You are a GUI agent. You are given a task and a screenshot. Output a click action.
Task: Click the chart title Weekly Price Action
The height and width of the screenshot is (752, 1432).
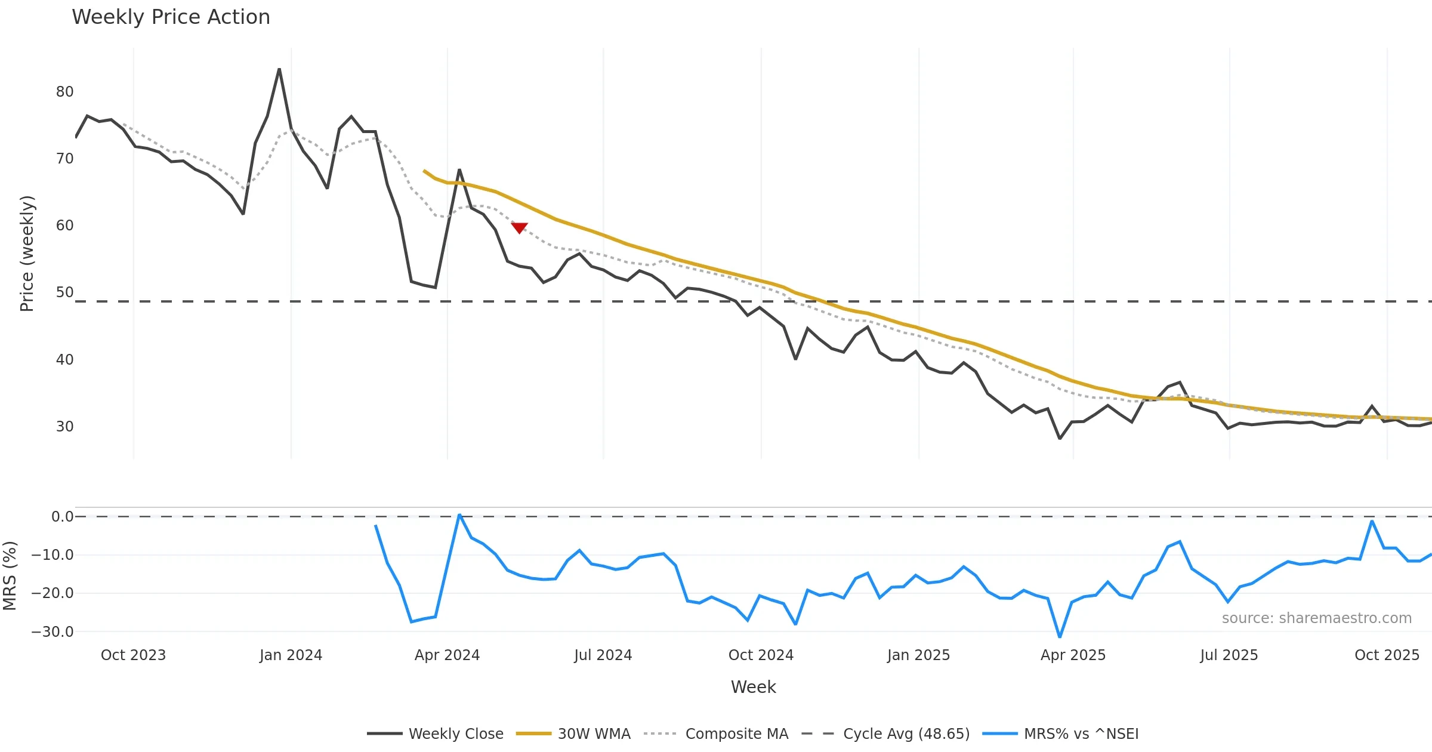(x=171, y=17)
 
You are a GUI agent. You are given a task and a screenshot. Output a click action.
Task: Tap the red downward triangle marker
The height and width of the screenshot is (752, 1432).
(x=519, y=227)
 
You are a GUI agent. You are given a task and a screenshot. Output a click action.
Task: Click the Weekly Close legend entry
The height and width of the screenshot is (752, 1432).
(x=436, y=733)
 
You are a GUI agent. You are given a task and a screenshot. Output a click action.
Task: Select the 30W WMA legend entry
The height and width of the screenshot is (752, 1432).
(x=573, y=733)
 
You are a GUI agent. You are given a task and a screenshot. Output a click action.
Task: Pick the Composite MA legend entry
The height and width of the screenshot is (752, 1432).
(x=717, y=733)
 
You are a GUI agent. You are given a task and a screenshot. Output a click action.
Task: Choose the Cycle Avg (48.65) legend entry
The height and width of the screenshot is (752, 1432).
(x=885, y=733)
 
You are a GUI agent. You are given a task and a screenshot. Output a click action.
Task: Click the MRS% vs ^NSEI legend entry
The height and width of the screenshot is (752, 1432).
(x=1060, y=733)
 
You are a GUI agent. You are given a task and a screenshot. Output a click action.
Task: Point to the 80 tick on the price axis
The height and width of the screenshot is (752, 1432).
(x=64, y=92)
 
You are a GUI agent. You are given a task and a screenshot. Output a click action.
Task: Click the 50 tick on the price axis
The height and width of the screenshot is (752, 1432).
(x=64, y=292)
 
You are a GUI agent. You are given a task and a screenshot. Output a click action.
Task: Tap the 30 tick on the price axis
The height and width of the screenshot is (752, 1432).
(x=64, y=427)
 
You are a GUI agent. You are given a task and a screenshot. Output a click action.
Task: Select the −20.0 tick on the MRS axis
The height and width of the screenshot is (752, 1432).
(x=53, y=593)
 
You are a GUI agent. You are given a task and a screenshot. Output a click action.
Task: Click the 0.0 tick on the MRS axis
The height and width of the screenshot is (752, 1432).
(x=62, y=517)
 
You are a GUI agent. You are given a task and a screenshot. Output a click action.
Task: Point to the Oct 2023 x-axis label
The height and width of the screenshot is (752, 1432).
(x=133, y=655)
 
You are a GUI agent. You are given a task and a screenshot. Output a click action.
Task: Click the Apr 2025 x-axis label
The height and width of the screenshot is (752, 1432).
(x=1073, y=655)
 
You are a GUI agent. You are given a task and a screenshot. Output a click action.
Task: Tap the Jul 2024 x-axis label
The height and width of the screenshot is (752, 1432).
(x=603, y=655)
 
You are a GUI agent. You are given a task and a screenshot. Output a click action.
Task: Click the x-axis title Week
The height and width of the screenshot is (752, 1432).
(x=753, y=688)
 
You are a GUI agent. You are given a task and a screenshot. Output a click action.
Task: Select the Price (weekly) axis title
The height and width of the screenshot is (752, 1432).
(x=27, y=254)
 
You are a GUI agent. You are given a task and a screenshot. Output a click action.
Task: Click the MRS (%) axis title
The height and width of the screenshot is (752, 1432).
(x=10, y=576)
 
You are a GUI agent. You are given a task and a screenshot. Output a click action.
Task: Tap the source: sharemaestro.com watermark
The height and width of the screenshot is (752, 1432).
(x=1316, y=618)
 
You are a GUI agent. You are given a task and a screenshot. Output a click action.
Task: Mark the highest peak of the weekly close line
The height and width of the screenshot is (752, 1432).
(x=279, y=69)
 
